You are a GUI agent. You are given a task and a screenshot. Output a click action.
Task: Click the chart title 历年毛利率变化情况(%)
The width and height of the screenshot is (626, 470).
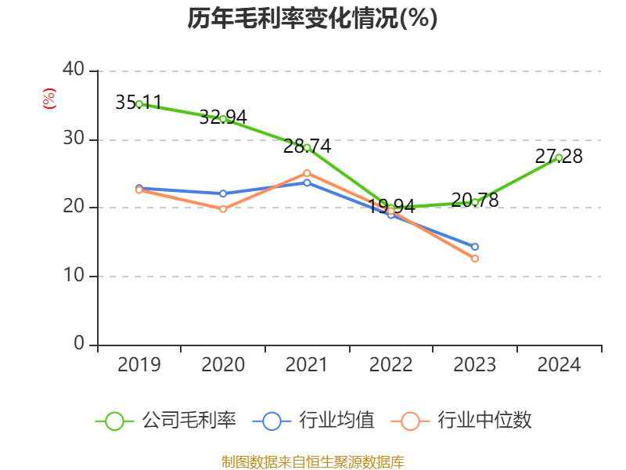pos(312,18)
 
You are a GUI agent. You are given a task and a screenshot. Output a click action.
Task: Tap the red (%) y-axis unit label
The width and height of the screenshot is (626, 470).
pos(49,99)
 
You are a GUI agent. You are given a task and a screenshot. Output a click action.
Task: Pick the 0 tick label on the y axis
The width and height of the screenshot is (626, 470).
pos(79,344)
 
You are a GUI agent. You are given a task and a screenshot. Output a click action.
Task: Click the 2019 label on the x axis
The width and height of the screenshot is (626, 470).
pos(139,364)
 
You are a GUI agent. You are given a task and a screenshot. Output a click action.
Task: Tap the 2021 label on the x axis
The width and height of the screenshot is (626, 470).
pos(307,364)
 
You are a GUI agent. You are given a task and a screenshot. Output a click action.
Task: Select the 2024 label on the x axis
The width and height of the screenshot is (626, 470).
pos(559,364)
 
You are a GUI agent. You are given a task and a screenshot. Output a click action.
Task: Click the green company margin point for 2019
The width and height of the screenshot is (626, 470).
pos(139,103)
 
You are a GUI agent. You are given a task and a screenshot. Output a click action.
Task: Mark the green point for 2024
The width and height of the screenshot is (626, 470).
pos(559,157)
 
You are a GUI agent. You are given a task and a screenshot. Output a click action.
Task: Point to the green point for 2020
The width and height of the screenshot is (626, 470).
pos(223,118)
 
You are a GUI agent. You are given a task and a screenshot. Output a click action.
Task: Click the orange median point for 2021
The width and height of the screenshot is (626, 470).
pos(307,173)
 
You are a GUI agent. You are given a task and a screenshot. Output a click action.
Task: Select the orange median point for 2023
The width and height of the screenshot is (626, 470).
pos(475,258)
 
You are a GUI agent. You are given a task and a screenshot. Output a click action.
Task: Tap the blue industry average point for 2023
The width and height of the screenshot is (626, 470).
pos(475,247)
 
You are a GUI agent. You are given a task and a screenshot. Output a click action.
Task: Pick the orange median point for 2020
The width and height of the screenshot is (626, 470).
pos(223,209)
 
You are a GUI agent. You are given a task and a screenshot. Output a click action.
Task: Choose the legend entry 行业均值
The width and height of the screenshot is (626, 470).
pos(314,421)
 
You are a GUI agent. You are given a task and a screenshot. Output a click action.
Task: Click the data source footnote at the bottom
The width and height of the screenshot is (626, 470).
pos(312,461)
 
